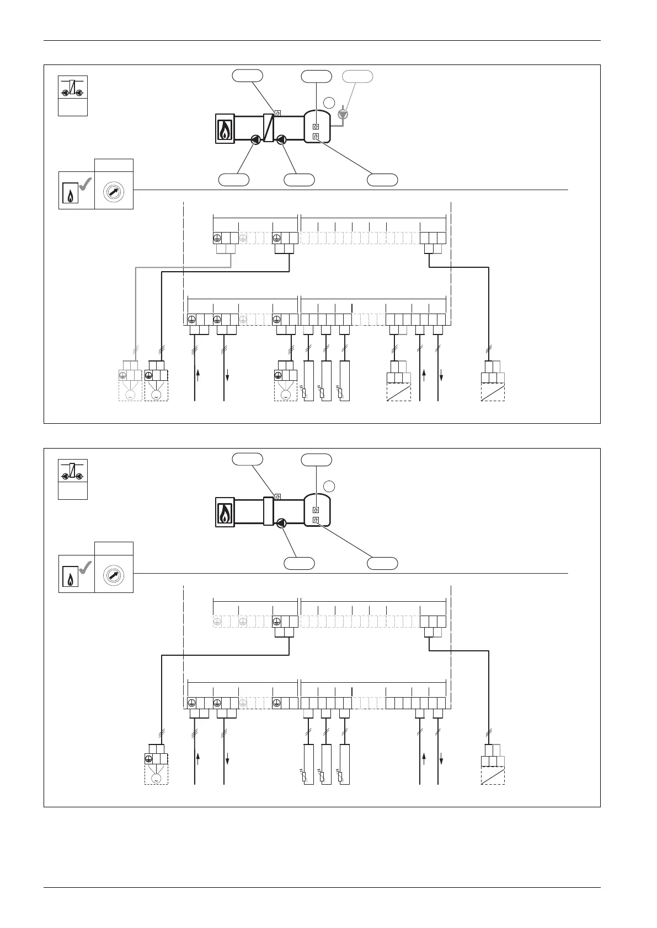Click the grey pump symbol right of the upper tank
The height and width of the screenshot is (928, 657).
coord(344,114)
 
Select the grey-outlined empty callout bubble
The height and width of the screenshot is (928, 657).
coord(358,76)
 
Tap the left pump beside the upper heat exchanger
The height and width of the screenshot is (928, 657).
coord(256,139)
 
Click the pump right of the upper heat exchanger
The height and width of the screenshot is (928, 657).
coord(281,139)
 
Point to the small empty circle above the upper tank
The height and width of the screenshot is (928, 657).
coord(329,102)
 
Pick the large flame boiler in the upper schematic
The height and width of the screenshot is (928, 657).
coord(225,129)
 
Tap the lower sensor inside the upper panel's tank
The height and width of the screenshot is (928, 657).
coord(316,136)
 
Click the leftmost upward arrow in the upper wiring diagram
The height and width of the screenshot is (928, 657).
coord(197,375)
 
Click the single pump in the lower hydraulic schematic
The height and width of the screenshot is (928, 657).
coord(281,523)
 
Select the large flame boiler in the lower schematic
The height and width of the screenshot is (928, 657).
coord(225,512)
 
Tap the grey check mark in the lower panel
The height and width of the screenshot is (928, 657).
coord(85,569)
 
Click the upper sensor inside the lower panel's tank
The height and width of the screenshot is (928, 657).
coord(316,510)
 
